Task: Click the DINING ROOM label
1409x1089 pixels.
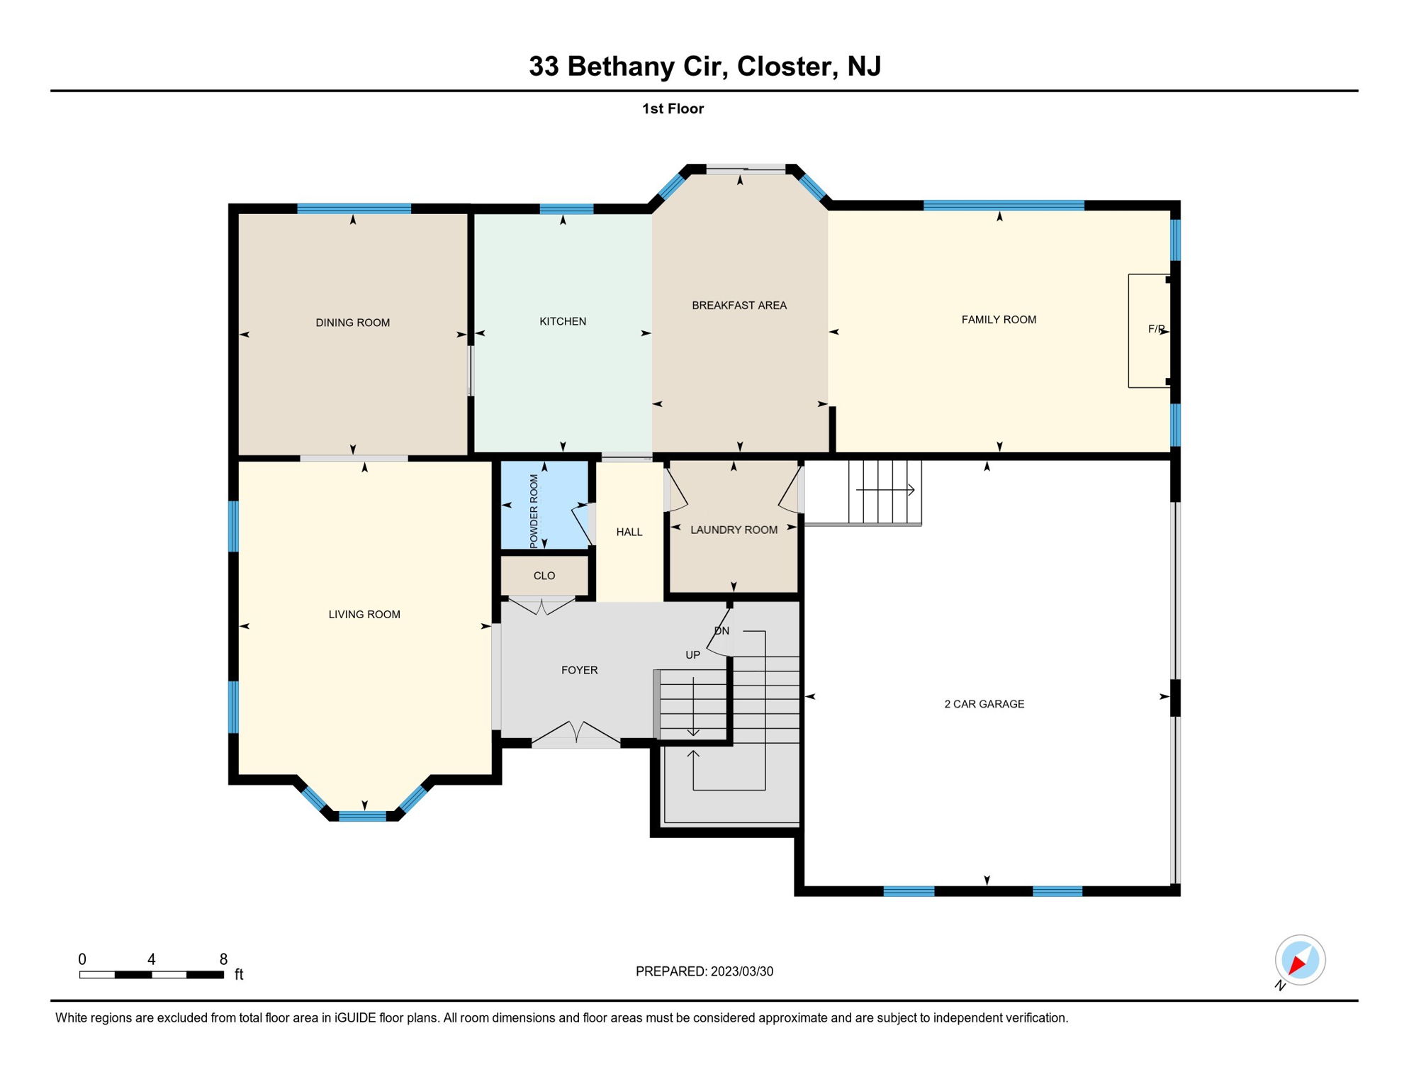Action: pos(352,323)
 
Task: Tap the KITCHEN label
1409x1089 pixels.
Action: pos(563,321)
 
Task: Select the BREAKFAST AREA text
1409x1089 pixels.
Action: pos(739,306)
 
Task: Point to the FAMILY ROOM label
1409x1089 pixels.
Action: pos(999,320)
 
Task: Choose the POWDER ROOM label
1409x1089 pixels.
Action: pos(534,510)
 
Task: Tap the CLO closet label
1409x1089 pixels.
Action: pos(544,576)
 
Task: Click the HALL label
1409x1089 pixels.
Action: pos(629,532)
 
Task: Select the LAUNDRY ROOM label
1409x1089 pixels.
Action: pos(734,530)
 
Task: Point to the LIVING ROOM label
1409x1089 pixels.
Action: pos(364,615)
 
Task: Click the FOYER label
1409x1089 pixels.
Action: pos(579,670)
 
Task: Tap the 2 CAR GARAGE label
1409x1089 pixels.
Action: pos(984,704)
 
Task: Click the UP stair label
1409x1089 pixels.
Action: pos(692,655)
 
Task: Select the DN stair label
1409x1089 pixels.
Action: pos(722,631)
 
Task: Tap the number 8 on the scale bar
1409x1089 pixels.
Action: pos(223,959)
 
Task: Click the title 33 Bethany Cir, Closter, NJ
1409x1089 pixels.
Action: pos(704,66)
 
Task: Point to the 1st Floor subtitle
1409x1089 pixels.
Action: pos(673,108)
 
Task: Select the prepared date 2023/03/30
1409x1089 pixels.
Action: pos(742,971)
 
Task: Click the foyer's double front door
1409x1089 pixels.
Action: pos(576,734)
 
